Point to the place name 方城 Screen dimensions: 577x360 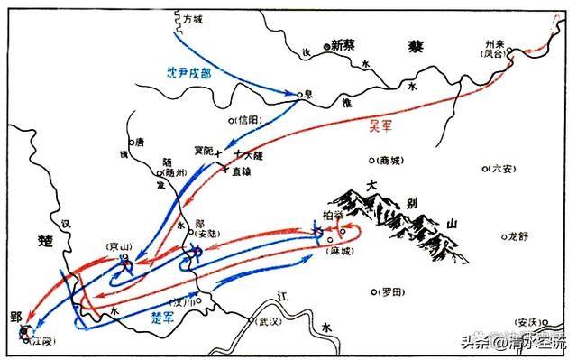coord(192,17)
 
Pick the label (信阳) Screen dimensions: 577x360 coord(248,118)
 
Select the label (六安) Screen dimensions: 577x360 coord(505,168)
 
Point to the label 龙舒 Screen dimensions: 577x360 coord(517,235)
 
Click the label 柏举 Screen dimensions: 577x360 coord(331,216)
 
